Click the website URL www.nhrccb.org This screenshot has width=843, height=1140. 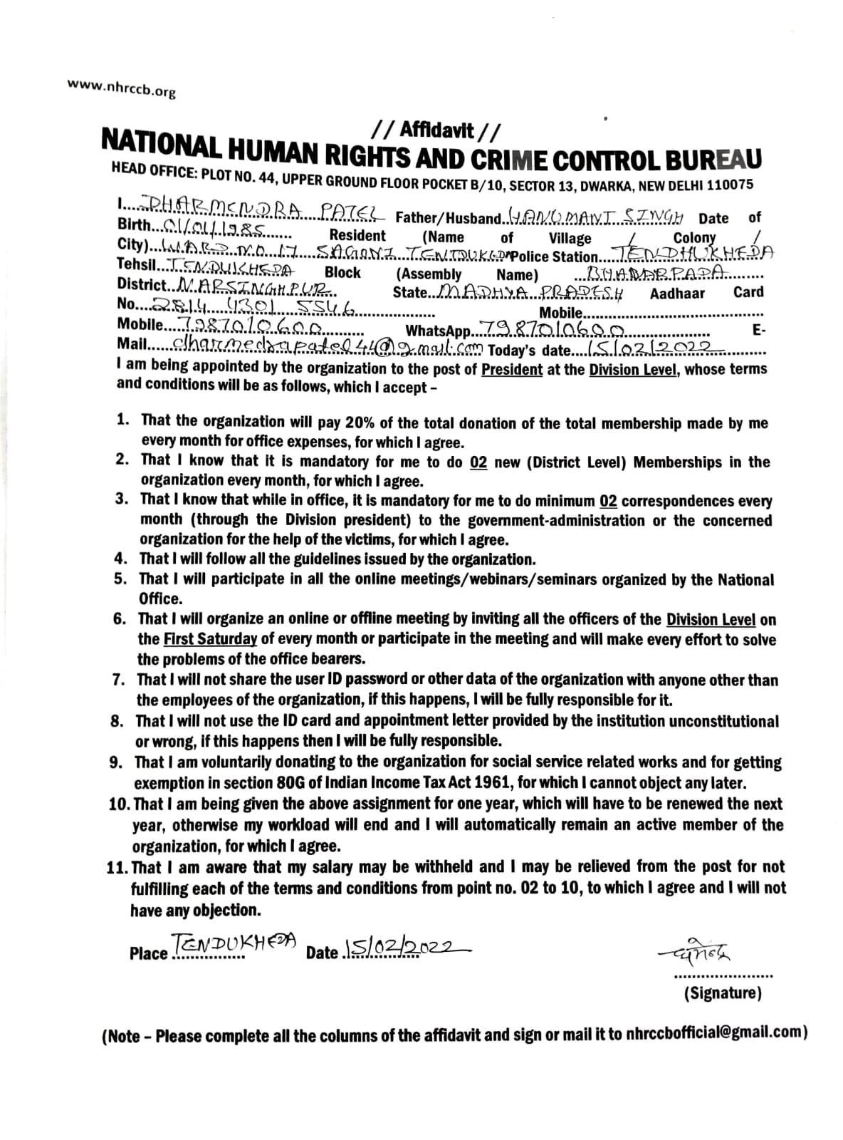click(x=121, y=88)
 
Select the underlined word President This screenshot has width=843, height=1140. click(x=511, y=370)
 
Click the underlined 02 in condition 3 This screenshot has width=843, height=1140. click(x=608, y=501)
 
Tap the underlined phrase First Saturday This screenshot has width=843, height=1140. click(x=210, y=638)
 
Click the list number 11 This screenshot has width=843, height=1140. click(x=117, y=868)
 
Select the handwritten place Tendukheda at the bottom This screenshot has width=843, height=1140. click(x=232, y=945)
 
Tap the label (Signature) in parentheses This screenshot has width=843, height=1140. click(x=722, y=993)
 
